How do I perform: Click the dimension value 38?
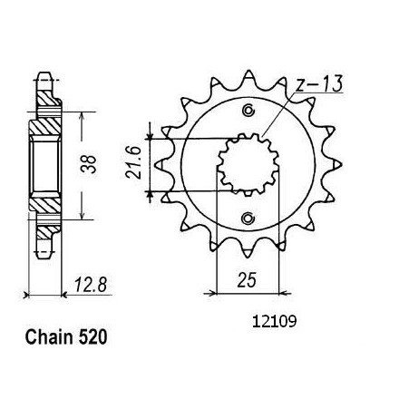pyautogui.click(x=90, y=164)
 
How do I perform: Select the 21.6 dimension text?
pyautogui.click(x=134, y=163)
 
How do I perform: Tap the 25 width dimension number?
pyautogui.click(x=247, y=280)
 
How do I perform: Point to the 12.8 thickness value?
pyautogui.click(x=91, y=285)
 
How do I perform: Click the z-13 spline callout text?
pyautogui.click(x=319, y=83)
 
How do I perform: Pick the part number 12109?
pyautogui.click(x=274, y=322)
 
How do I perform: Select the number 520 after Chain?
pyautogui.click(x=92, y=337)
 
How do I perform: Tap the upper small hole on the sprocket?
pyautogui.click(x=248, y=110)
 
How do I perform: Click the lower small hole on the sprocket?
pyautogui.click(x=248, y=218)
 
